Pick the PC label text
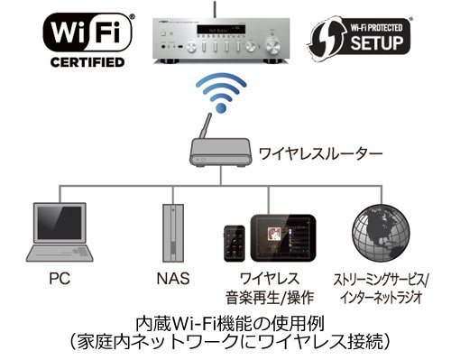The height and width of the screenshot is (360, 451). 59,279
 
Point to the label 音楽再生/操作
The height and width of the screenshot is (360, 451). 265,296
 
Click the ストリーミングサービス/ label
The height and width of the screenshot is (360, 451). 382,279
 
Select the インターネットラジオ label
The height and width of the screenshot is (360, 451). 382,296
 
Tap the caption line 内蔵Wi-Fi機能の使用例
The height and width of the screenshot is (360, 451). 225,321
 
